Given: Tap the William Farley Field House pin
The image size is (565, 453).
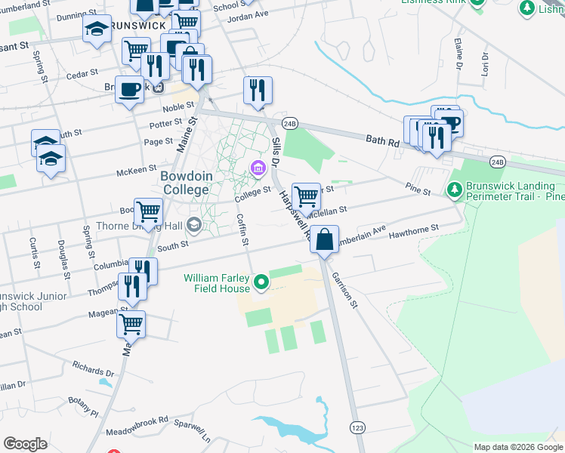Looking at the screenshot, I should pos(261,283).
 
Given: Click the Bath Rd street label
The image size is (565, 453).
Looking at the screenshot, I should pos(381,140).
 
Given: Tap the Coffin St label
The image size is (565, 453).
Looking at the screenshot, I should pos(242,230).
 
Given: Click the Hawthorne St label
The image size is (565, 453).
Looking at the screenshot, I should pos(413,231).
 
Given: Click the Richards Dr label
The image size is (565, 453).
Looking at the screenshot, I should pos(93,373).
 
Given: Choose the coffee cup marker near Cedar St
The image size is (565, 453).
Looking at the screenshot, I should pos(129,89).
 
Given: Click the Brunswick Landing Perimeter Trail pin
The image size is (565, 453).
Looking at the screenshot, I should pos(454,186).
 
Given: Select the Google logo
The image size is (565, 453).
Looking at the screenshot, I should pos(26,443).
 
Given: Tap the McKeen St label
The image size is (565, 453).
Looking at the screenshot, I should pos(136,171).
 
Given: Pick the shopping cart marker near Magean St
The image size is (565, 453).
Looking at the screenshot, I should pos(131,323).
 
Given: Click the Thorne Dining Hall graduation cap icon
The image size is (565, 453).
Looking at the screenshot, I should pos(194,223).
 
